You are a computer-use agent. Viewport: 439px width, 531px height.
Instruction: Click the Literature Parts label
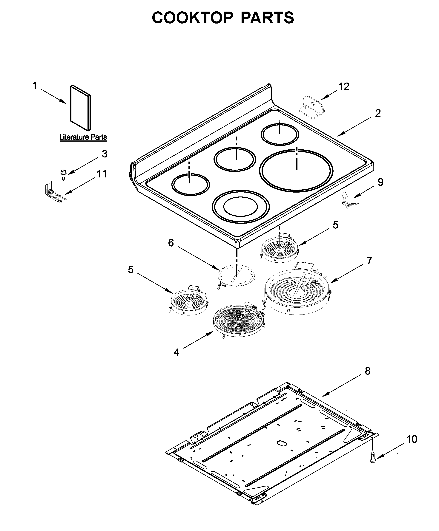(83, 137)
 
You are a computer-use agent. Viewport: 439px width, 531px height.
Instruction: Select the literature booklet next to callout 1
(80, 108)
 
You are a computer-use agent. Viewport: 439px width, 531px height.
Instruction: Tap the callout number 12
(344, 87)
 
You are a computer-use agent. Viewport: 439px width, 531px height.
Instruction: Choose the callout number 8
(367, 371)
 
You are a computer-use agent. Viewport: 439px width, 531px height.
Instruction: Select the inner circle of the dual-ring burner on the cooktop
(240, 206)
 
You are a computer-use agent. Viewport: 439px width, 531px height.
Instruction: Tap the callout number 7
(369, 260)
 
